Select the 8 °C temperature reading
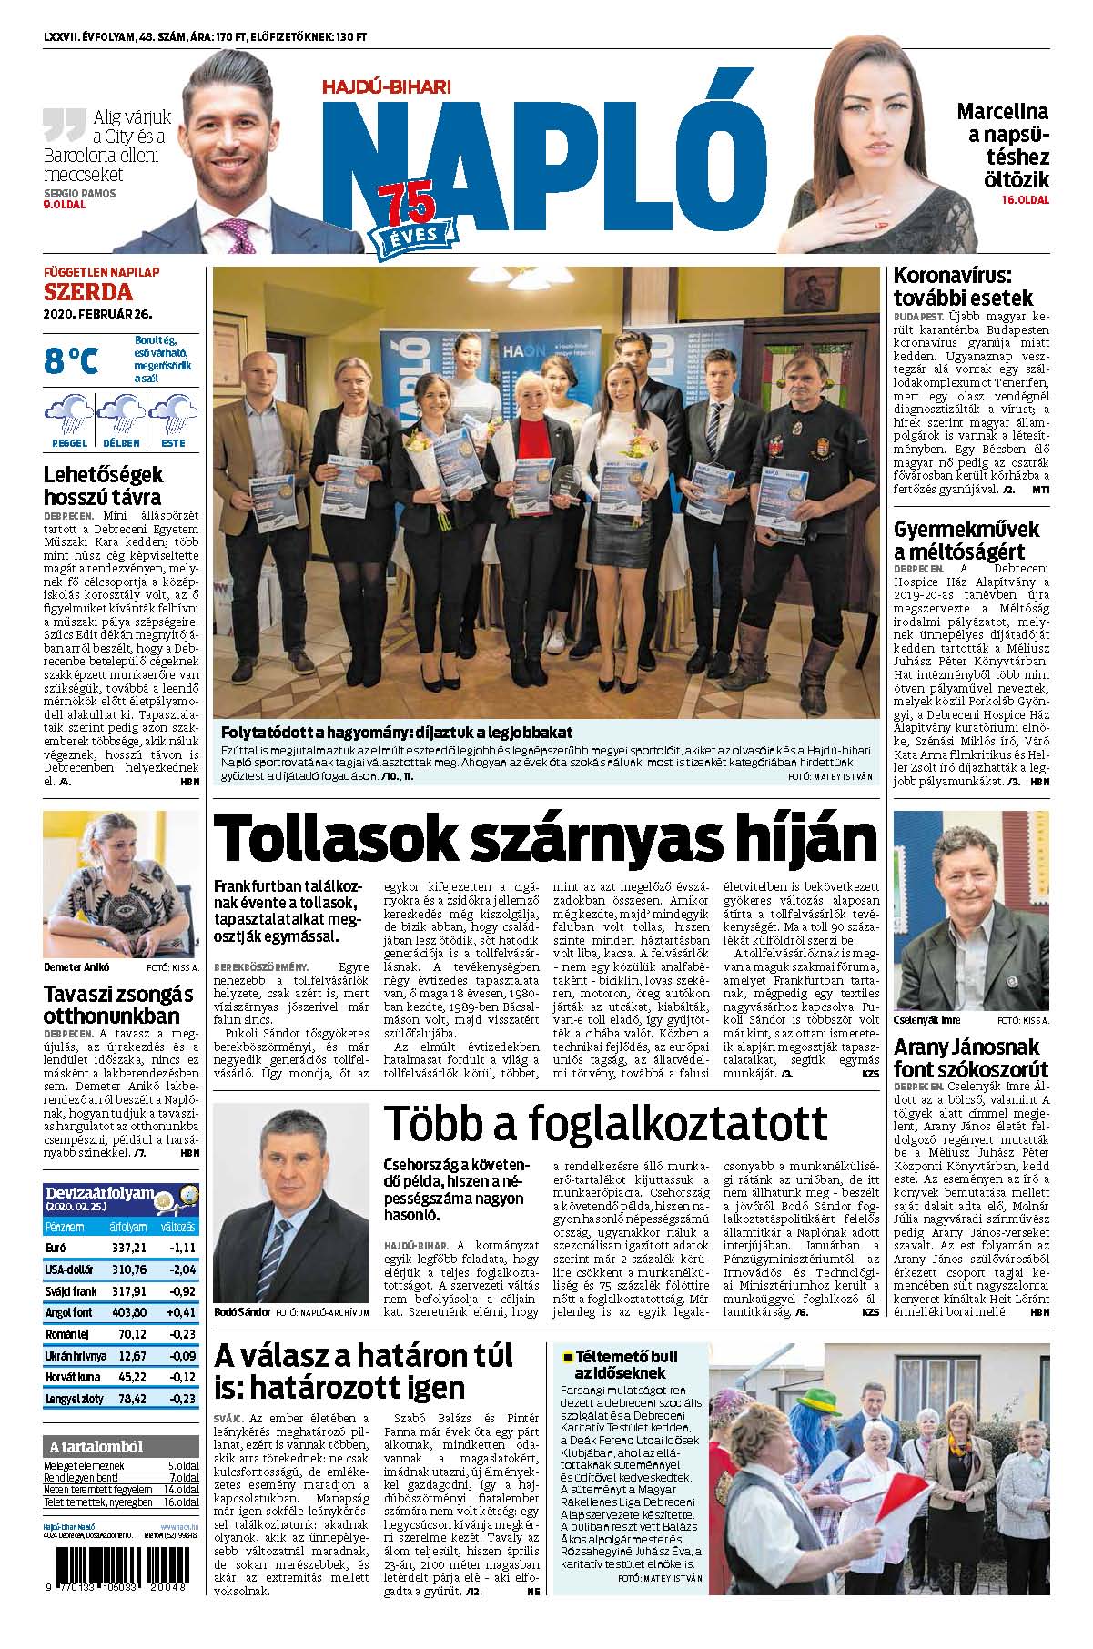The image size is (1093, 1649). pos(70,360)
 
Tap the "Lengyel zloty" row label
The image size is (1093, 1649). pos(74,1399)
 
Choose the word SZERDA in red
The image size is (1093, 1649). pos(88,292)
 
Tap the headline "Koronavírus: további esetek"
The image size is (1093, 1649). pos(964,286)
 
